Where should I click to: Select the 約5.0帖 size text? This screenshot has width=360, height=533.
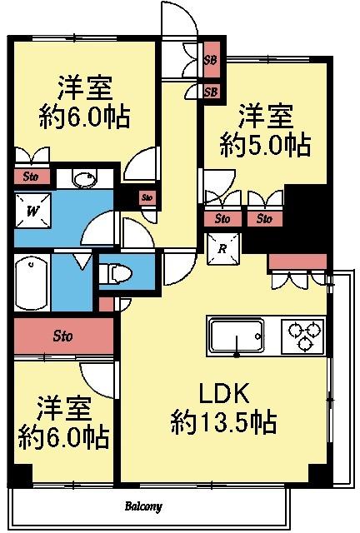(266, 145)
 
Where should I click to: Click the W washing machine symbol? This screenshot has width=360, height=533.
(33, 212)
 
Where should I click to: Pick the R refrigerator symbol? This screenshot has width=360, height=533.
(223, 248)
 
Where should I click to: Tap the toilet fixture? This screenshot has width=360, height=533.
(117, 272)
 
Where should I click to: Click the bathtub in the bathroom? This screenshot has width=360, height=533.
(32, 283)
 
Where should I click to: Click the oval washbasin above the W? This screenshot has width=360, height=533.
(83, 179)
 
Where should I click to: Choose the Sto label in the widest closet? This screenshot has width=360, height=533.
(62, 337)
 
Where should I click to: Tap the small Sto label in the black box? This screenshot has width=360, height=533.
(147, 197)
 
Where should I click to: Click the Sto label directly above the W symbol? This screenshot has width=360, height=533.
(31, 177)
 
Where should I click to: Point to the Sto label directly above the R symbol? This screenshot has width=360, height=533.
(222, 220)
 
